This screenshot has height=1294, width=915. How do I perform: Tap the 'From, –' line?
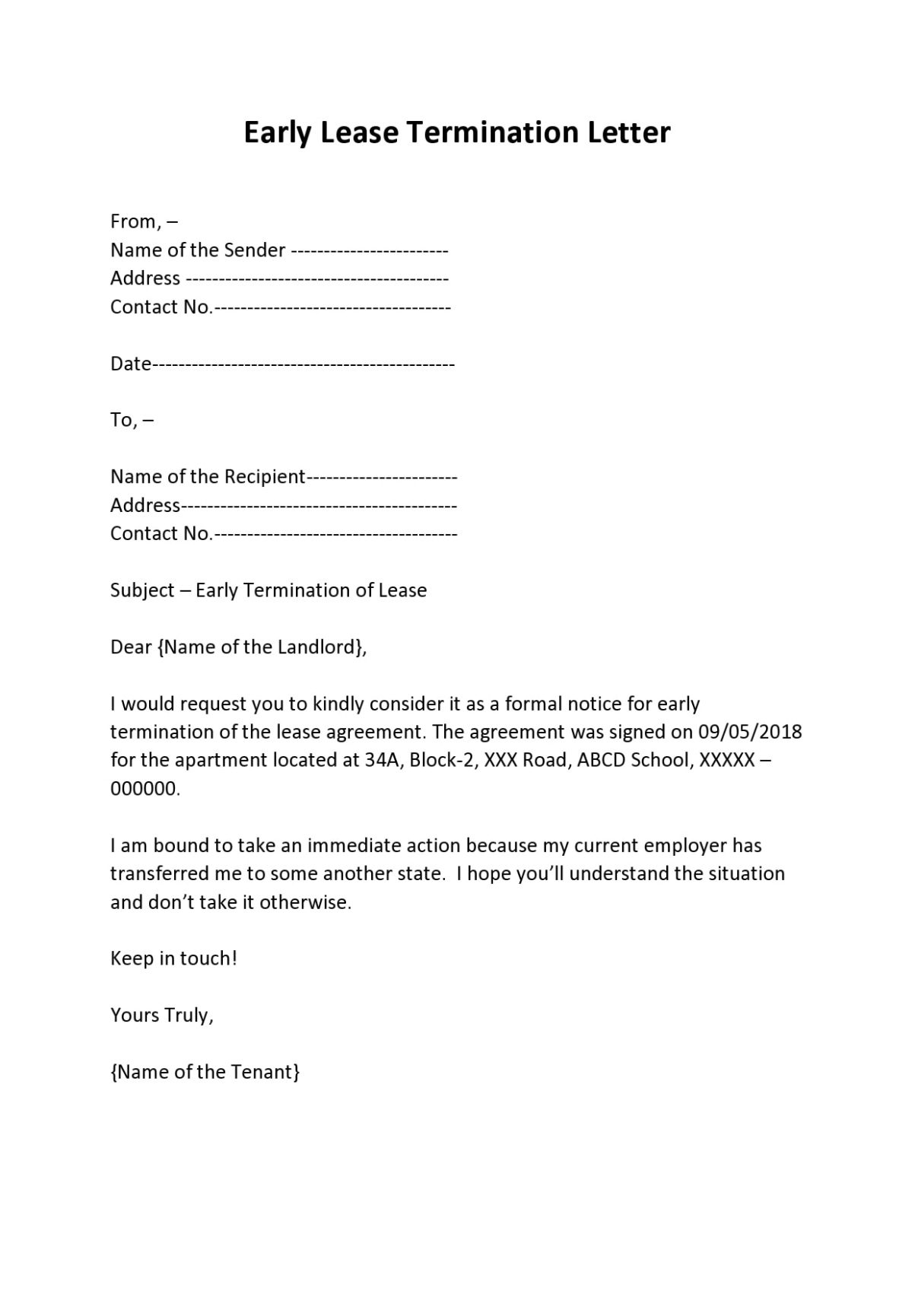click(x=144, y=221)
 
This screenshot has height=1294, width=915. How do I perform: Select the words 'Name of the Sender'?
click(x=198, y=250)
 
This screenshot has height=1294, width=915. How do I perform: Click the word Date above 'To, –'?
click(x=131, y=364)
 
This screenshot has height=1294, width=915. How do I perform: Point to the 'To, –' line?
click(x=132, y=420)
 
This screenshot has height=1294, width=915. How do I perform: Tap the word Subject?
click(x=142, y=590)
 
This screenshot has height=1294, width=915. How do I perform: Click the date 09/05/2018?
click(x=749, y=732)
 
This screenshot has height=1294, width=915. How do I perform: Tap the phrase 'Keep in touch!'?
click(x=173, y=959)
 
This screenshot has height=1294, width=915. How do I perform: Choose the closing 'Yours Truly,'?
click(x=162, y=1015)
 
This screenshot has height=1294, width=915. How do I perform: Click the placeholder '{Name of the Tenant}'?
click(x=205, y=1072)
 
